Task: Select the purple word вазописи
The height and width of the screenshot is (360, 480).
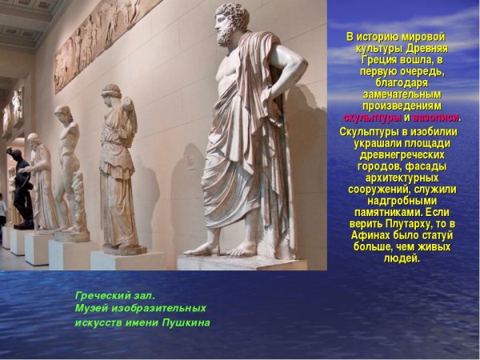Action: pos(435,118)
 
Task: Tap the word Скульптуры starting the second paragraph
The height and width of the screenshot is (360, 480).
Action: pos(370,131)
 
